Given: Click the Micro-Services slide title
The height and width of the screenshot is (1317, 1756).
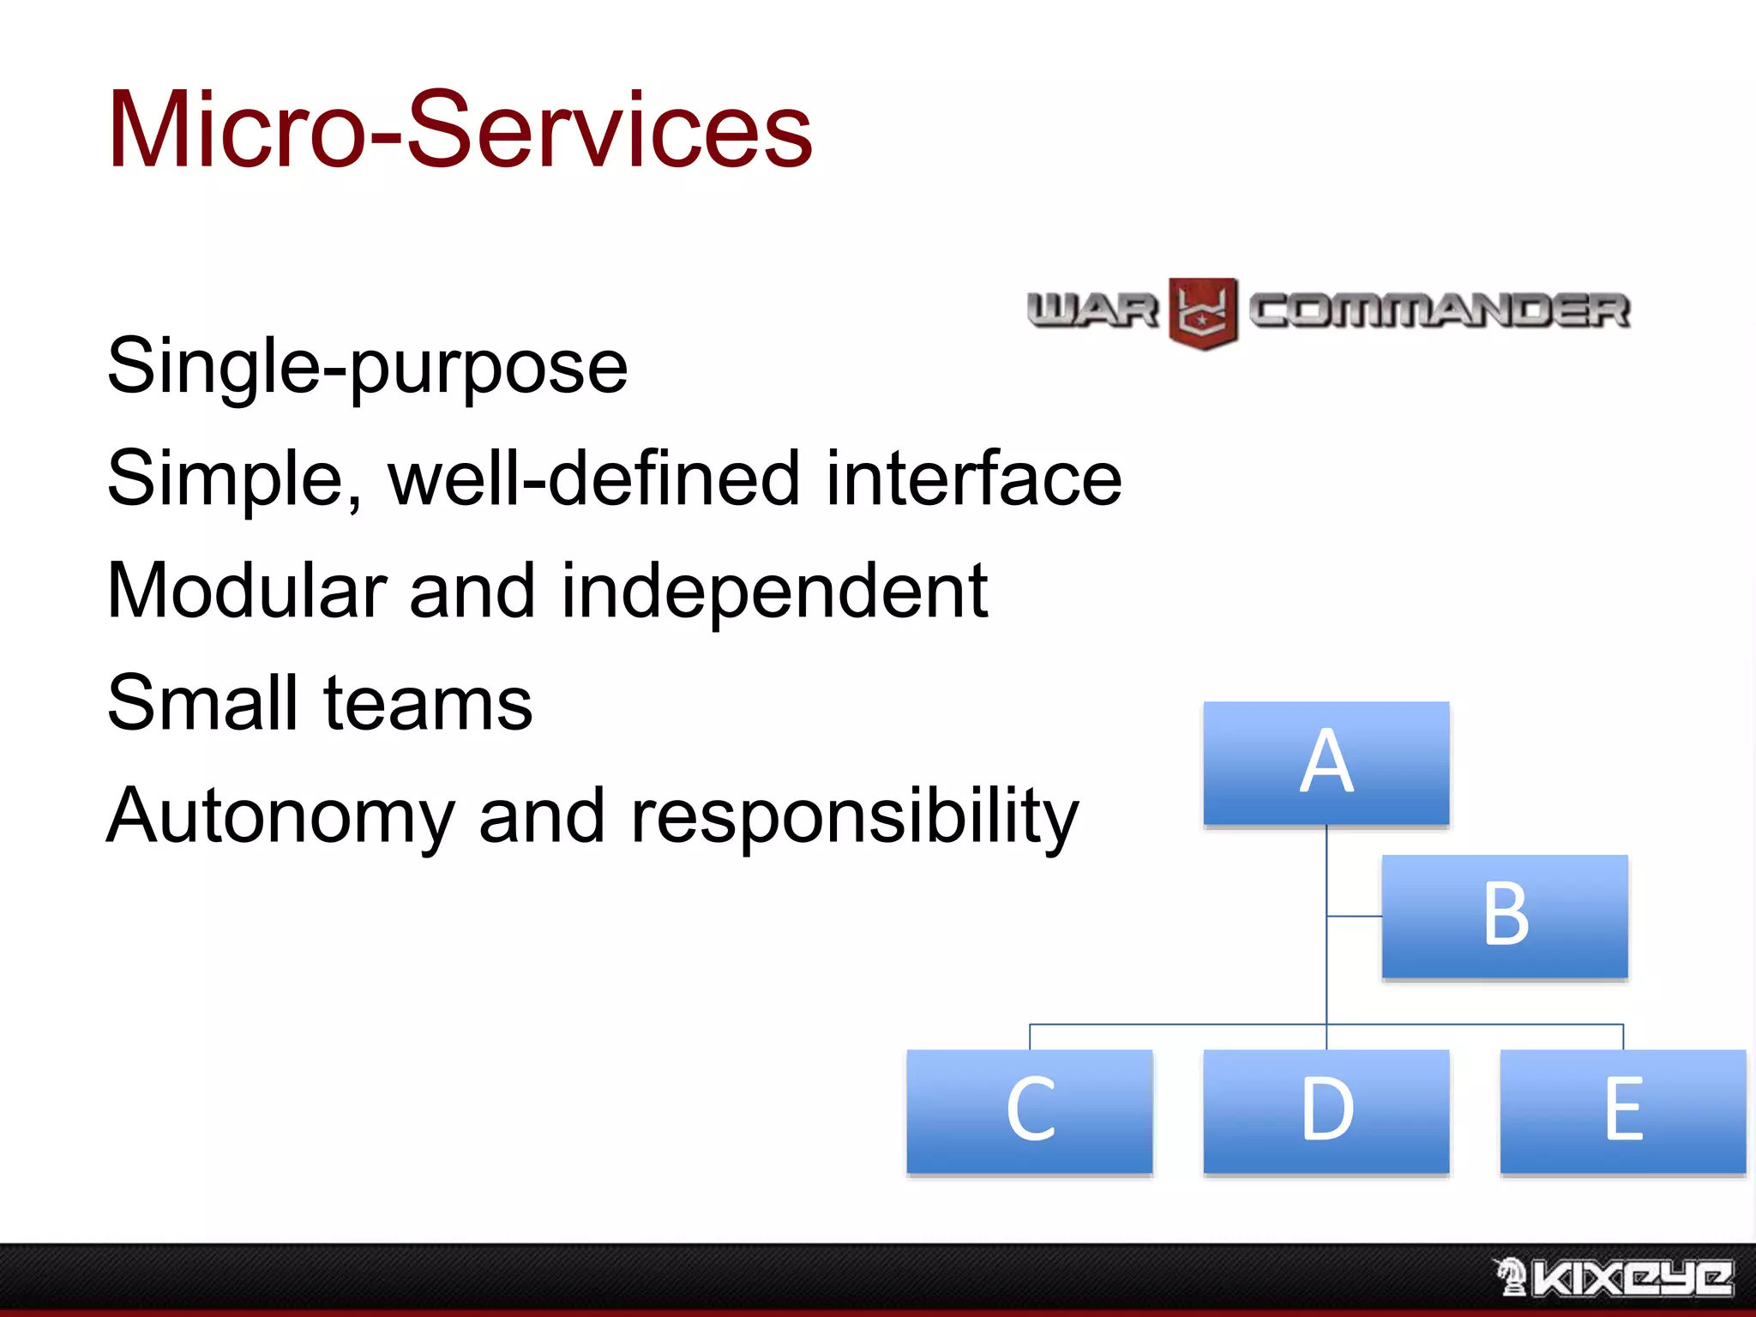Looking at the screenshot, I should click(x=460, y=130).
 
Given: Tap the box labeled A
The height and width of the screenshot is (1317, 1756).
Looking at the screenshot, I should click(x=1326, y=763).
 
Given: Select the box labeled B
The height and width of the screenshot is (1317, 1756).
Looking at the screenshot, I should click(x=1504, y=916).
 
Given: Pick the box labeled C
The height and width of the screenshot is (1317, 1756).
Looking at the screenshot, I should click(x=1029, y=1110).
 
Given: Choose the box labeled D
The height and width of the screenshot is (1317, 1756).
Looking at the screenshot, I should click(x=1326, y=1110).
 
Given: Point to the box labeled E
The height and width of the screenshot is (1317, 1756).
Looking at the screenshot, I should click(x=1622, y=1110).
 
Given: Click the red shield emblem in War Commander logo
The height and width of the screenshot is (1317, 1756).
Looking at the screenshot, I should click(x=1202, y=313).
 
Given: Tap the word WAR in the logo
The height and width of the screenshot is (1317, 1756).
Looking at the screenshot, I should click(x=1092, y=310).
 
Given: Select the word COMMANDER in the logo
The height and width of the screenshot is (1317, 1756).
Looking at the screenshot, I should click(x=1438, y=310).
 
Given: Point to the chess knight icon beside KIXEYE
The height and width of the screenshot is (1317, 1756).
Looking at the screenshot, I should click(x=1511, y=1277).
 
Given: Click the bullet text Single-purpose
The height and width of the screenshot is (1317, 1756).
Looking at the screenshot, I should click(x=367, y=367).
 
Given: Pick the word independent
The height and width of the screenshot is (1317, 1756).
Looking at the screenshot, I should click(x=773, y=592).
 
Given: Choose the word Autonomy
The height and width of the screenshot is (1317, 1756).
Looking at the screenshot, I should click(x=280, y=817).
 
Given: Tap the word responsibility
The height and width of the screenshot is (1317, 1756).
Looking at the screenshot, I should click(x=854, y=817).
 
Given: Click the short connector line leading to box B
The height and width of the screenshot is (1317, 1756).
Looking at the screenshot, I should click(x=1354, y=917).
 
